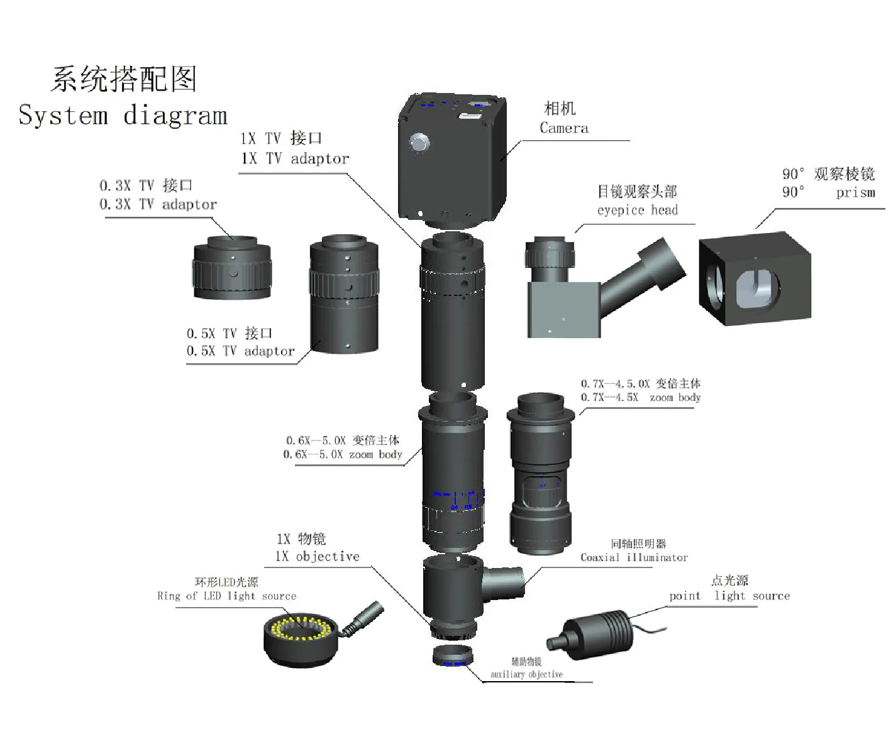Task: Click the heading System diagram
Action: click(123, 116)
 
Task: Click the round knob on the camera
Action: click(419, 143)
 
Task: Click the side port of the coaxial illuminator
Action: click(507, 581)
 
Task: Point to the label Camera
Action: click(564, 128)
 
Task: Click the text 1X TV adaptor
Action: click(295, 159)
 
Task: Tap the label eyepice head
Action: click(637, 210)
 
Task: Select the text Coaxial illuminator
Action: click(634, 557)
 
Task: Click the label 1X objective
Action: click(318, 557)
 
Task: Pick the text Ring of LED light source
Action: click(226, 596)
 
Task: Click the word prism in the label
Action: click(855, 193)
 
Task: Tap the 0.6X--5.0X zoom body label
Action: click(343, 454)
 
